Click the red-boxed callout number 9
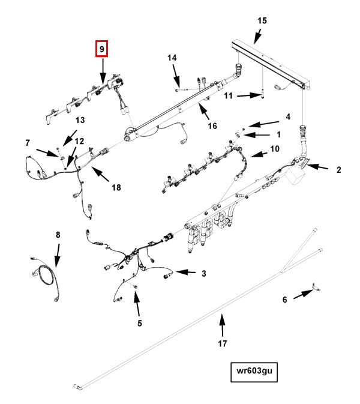[101, 49]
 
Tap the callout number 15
[262, 20]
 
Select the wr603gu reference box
[254, 372]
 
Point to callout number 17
[223, 343]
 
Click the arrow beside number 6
[304, 294]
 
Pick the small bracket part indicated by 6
[316, 288]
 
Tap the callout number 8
[58, 235]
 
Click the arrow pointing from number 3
[185, 272]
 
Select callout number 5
[140, 323]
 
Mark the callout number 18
[116, 187]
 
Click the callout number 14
[172, 58]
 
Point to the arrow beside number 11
[249, 95]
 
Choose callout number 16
[212, 125]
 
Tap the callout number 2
[338, 169]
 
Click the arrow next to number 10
[259, 155]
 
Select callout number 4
[288, 116]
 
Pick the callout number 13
[80, 120]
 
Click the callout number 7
[28, 142]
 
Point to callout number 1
[278, 134]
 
